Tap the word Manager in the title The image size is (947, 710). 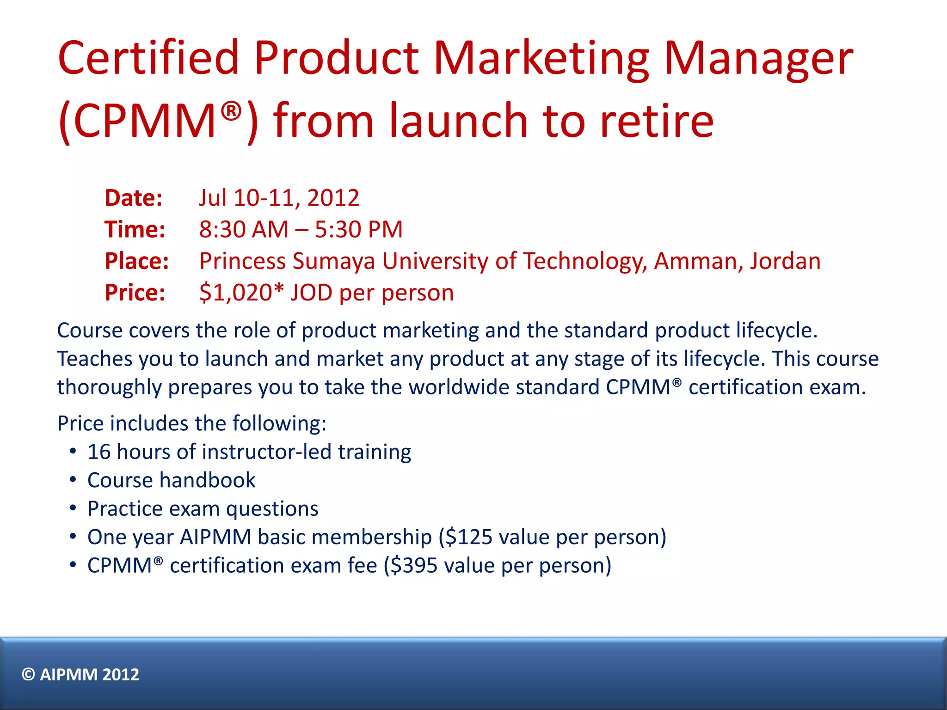pos(758,59)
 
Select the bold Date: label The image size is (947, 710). pos(134,198)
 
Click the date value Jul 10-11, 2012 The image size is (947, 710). pos(279,198)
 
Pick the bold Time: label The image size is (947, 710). pos(135,230)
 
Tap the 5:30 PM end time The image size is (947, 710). pos(359,230)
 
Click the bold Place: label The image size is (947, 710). pos(137,261)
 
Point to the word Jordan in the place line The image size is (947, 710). pos(785,261)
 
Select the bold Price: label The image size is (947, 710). pos(135,293)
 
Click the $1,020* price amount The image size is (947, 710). pos(241,293)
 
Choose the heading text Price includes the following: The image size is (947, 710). pos(192,423)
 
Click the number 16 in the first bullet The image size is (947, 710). pos(99,452)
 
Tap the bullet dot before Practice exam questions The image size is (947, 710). pos(73,508)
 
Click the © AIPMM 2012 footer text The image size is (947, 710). pos(80,675)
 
